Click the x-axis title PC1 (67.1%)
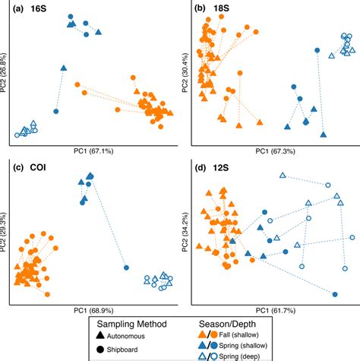click(x=91, y=151)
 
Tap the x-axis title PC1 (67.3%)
click(x=272, y=151)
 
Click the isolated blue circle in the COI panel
click(x=126, y=268)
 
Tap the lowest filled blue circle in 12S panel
click(x=335, y=293)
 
